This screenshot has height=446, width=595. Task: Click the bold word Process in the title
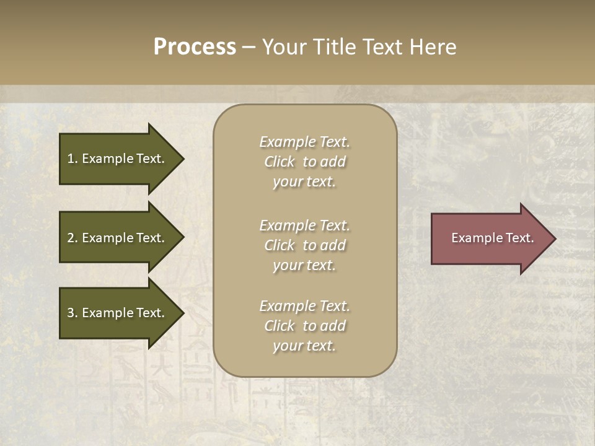click(x=195, y=47)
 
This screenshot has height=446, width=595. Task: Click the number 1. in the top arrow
click(x=73, y=159)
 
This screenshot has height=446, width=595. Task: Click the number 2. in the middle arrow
click(x=73, y=238)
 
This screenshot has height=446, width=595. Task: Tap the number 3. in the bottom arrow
click(x=73, y=313)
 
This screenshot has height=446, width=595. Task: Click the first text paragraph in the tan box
click(x=304, y=162)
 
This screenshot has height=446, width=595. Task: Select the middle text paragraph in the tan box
click(x=304, y=245)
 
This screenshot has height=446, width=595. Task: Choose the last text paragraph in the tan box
click(x=304, y=326)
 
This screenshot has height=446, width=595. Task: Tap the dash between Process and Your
click(x=249, y=47)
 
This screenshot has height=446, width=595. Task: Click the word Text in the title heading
click(x=383, y=47)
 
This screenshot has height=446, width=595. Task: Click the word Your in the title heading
click(x=283, y=47)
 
